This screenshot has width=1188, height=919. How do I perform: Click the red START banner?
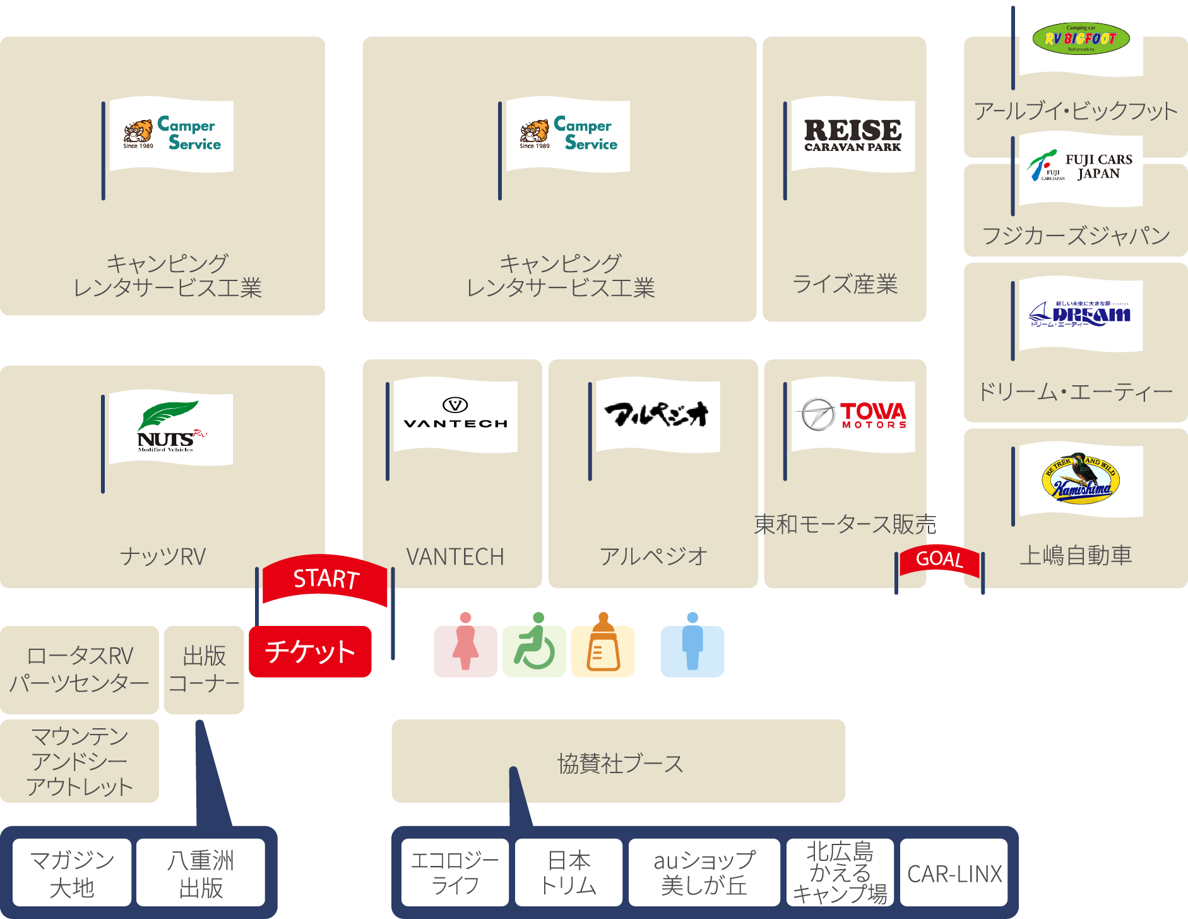325,579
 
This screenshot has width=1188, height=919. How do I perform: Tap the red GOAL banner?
939,559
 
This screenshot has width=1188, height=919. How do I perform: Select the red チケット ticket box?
310,652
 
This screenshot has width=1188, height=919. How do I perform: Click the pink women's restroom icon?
465,651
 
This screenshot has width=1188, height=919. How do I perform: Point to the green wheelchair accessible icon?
534,651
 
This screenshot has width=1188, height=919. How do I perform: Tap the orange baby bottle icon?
603,651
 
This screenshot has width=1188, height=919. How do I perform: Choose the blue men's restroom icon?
692,651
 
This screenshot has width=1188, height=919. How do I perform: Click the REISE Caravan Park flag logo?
852,135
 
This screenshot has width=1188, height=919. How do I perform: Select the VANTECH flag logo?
455,415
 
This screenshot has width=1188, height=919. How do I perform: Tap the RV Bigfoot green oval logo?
1081,39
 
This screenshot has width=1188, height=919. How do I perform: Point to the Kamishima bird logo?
1081,478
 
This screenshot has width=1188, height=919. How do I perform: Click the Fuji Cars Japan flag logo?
1081,168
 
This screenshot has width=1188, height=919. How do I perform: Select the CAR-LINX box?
954,874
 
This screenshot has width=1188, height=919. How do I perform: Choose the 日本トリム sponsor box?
568,874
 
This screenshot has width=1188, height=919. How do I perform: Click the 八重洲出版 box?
201,874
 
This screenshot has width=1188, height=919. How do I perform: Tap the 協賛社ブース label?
620,764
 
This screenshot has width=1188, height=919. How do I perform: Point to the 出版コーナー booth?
204,670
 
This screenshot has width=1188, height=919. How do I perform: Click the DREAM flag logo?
1081,314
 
